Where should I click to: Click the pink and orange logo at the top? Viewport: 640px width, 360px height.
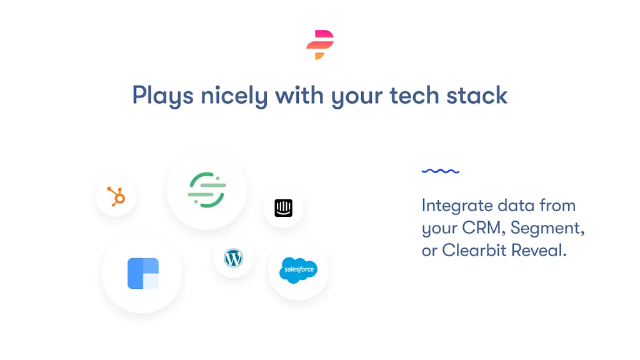point(320,44)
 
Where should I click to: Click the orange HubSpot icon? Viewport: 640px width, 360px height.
point(116,196)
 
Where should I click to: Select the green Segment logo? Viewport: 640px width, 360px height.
point(206,190)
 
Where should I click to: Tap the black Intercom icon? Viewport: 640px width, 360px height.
point(283,207)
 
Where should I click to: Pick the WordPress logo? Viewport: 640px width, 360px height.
point(234,258)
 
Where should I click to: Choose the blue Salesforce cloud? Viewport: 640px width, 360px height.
point(298,270)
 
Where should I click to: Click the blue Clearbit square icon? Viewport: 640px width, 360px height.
point(143,274)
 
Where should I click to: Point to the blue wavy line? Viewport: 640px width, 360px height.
point(441,171)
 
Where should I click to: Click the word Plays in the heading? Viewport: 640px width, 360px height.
point(163,96)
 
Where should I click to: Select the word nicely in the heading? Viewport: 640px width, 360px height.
point(234,96)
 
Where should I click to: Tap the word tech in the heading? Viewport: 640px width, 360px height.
point(414,95)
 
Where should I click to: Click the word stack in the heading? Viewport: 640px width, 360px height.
point(477,95)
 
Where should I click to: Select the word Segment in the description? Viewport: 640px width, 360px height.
point(547,228)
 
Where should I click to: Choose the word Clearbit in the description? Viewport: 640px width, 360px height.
point(474,250)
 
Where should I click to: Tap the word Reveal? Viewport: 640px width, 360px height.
point(539,250)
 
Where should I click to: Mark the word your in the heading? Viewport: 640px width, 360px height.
point(357,97)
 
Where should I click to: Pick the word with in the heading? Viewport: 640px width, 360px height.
point(299,95)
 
